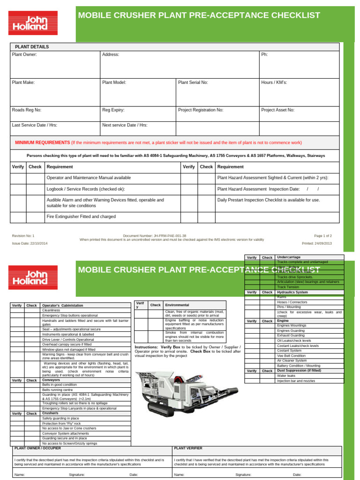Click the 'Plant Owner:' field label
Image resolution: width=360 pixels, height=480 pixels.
[24, 54]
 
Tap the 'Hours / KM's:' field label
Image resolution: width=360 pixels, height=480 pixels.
[274, 82]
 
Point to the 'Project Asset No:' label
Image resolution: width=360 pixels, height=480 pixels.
[277, 110]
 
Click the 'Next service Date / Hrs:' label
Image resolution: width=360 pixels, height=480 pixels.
[125, 125]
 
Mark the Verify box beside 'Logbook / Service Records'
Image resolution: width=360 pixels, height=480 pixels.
[18, 189]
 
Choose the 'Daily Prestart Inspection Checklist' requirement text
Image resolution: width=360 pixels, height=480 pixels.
[269, 200]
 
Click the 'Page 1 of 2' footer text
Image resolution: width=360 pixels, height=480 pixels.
[322, 236]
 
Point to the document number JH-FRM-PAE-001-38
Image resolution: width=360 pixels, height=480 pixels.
[155, 236]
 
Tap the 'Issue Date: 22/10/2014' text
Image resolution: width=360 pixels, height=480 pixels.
[30, 244]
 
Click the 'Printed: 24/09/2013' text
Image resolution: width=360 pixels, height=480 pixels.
[317, 244]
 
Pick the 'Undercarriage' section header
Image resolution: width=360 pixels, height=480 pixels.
[289, 257]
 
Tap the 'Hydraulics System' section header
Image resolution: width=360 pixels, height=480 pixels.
[292, 292]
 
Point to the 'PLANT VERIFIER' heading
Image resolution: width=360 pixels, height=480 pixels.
[188, 448]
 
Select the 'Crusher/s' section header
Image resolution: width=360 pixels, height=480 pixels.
[51, 413]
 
